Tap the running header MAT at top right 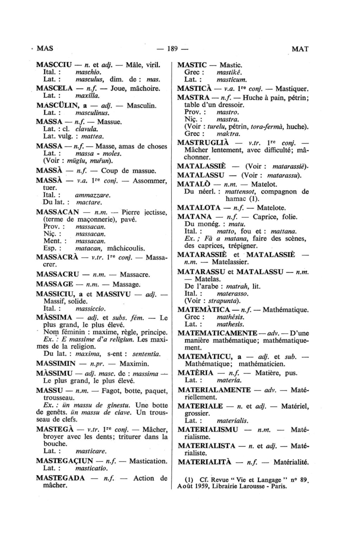(300, 49)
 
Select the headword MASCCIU (54, 65)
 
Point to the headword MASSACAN (58, 212)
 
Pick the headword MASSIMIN (56, 363)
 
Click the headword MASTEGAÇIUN (64, 461)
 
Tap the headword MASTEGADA (60, 478)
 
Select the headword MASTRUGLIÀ (203, 143)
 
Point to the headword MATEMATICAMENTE (217, 333)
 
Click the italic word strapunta (223, 301)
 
